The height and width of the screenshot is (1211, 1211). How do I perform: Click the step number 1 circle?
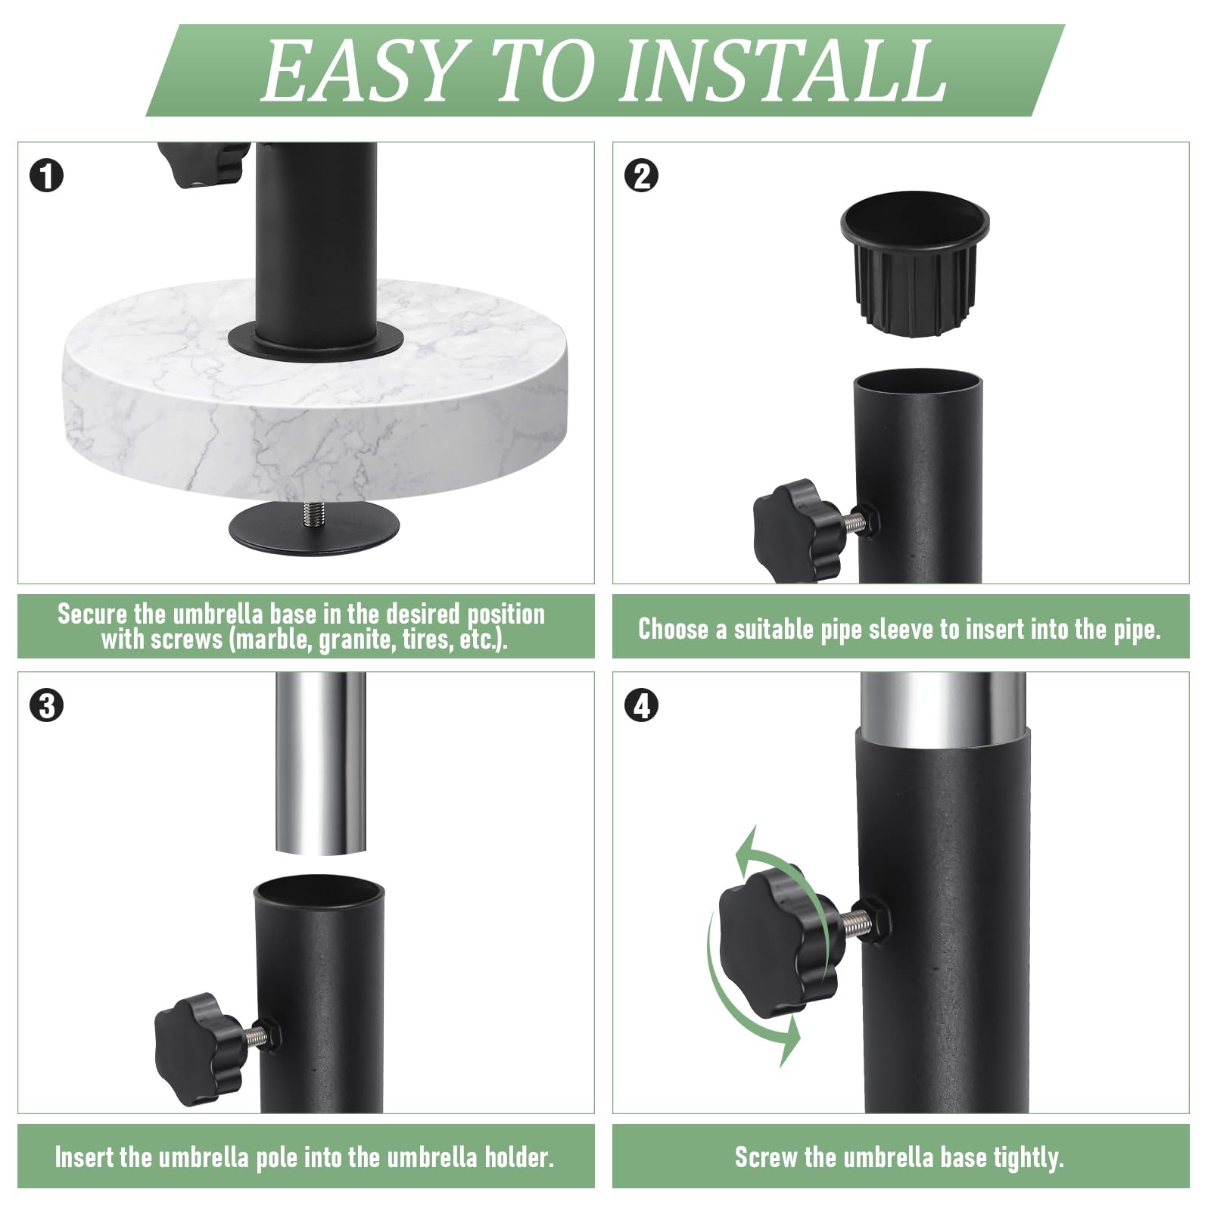pyautogui.click(x=47, y=176)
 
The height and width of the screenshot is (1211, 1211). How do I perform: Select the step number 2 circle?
pyautogui.click(x=642, y=176)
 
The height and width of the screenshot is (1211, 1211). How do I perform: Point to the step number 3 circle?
pyautogui.click(x=47, y=706)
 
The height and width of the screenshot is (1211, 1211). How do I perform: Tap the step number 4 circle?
pyautogui.click(x=642, y=706)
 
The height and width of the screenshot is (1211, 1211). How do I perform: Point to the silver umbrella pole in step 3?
pyautogui.click(x=320, y=764)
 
